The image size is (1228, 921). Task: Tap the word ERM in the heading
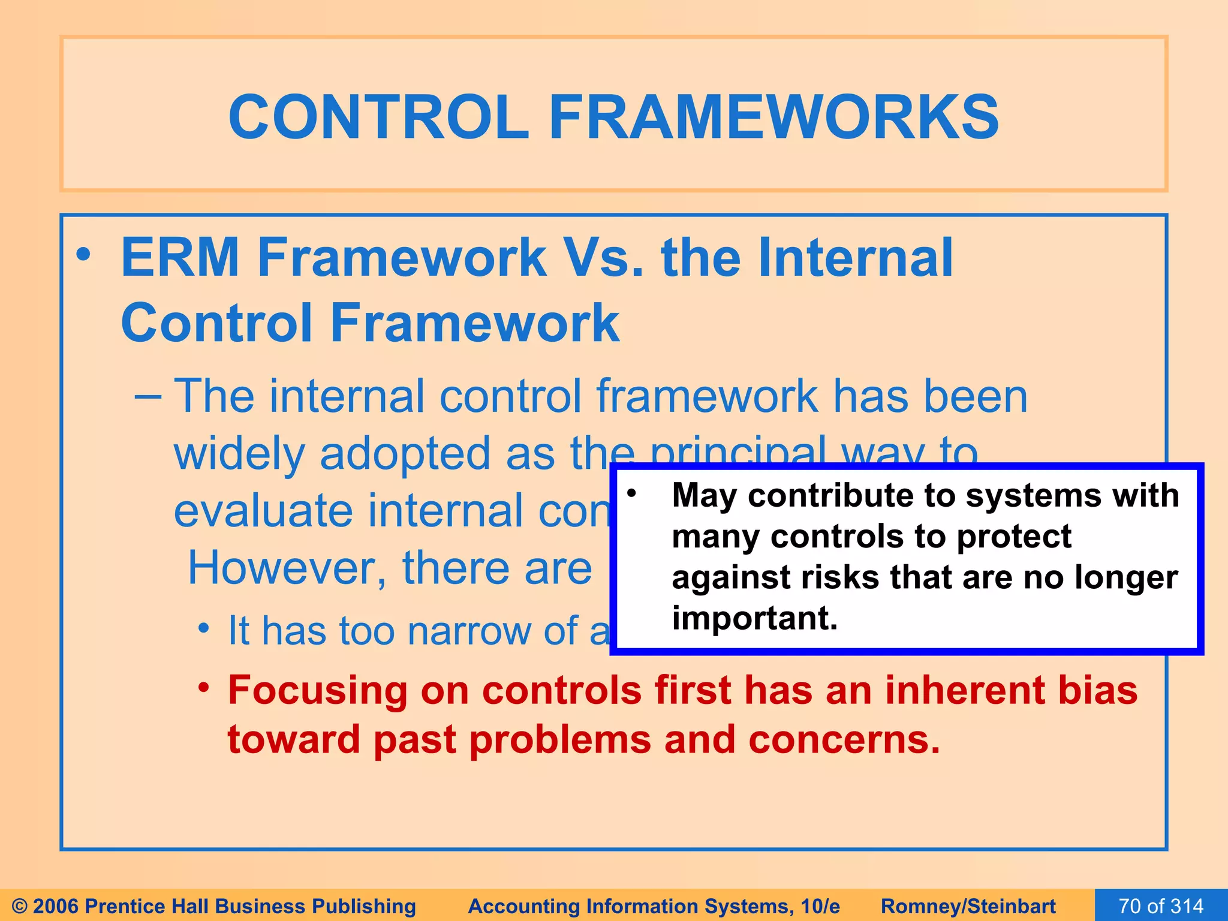click(x=180, y=258)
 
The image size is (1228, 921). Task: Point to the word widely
click(x=239, y=454)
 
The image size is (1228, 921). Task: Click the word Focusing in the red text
click(x=317, y=690)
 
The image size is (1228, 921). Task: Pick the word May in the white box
click(x=703, y=496)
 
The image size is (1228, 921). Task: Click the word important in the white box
click(x=754, y=618)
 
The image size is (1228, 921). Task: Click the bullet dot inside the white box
click(x=631, y=493)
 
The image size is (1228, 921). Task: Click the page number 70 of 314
click(x=1160, y=905)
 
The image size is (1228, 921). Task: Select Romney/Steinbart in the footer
click(x=968, y=906)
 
